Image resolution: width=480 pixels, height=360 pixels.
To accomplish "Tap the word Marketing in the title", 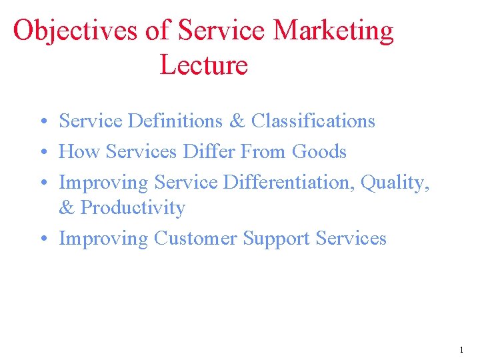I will pyautogui.click(x=334, y=31).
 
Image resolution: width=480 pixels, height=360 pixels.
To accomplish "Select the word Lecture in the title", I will pyautogui.click(x=203, y=65).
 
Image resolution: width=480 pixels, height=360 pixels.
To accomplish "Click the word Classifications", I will pyautogui.click(x=313, y=121).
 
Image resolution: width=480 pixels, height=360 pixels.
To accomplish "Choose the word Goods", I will pyautogui.click(x=319, y=152).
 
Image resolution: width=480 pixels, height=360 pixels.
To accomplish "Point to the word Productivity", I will pyautogui.click(x=132, y=208).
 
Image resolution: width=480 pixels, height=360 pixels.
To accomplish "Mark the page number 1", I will pyautogui.click(x=461, y=349).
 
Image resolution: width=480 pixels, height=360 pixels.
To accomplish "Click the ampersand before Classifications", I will pyautogui.click(x=237, y=121).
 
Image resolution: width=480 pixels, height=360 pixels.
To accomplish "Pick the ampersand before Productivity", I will pyautogui.click(x=67, y=208).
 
